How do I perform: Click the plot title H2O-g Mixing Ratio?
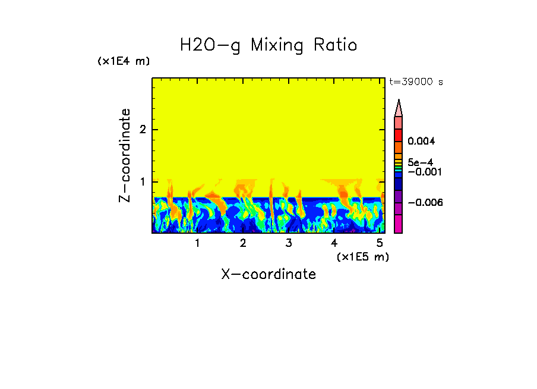point(268,45)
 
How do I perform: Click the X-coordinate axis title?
point(268,274)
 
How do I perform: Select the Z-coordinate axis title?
point(125,155)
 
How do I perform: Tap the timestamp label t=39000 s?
point(416,82)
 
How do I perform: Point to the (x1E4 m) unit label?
point(124,61)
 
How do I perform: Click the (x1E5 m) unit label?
point(362,256)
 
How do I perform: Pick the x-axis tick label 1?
point(197,243)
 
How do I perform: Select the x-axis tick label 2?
point(243,243)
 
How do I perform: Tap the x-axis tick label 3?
point(289,243)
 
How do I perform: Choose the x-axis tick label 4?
point(334,243)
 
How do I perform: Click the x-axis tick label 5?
point(380,243)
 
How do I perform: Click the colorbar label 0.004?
point(422,142)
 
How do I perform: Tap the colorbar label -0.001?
point(423,171)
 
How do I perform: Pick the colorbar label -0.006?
point(423,202)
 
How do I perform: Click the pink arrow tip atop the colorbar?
point(399,108)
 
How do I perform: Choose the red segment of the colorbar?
point(399,135)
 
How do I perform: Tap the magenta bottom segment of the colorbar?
point(399,224)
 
